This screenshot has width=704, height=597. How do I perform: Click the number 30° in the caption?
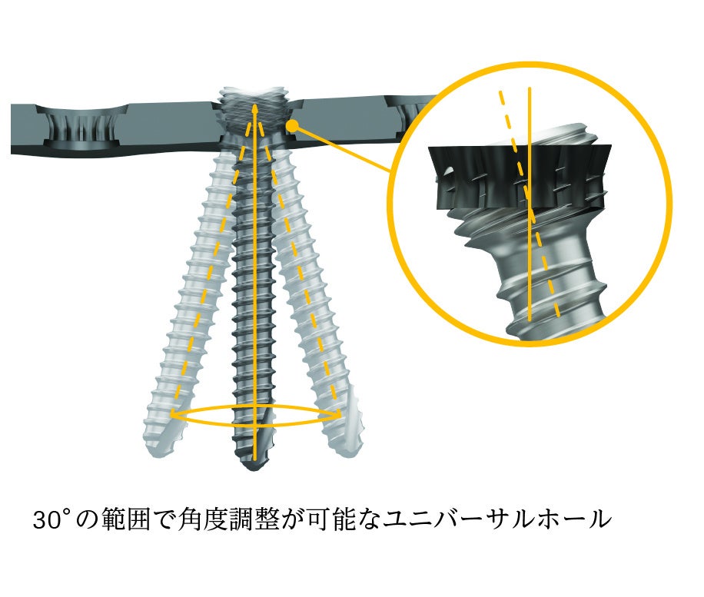click(x=53, y=519)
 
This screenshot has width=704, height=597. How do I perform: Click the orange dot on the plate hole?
click(x=292, y=126)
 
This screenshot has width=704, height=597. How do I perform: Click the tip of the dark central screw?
click(x=254, y=467)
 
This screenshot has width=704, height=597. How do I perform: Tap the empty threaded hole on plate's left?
click(x=81, y=128)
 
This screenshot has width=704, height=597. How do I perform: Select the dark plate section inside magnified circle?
click(x=520, y=177)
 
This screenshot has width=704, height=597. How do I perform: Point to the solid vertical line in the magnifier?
click(x=530, y=204)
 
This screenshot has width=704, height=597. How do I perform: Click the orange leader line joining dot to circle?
click(x=341, y=150)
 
